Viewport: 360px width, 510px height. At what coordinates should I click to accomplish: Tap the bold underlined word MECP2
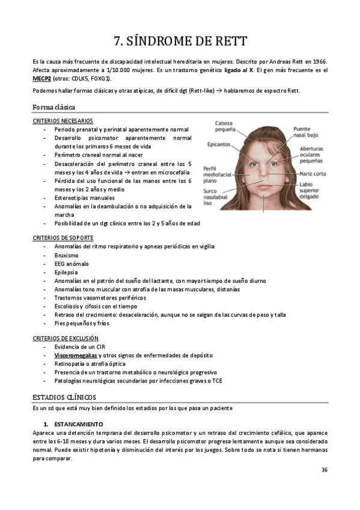(x=42, y=78)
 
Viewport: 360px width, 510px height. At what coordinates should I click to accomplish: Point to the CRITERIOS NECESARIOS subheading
(x=63, y=121)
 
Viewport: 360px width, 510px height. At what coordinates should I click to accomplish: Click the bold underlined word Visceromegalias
(x=75, y=355)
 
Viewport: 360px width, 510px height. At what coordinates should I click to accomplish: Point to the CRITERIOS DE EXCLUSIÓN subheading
(x=65, y=339)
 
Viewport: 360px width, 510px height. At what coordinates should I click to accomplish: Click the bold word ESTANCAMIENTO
(x=77, y=424)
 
